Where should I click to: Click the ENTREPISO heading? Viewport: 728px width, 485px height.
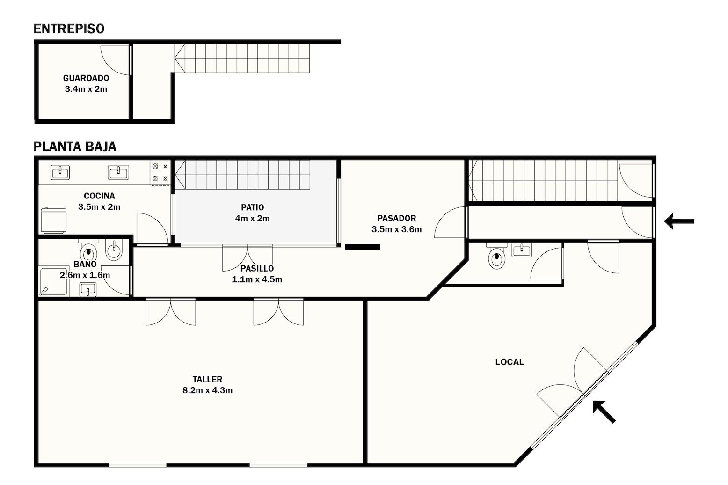(69, 29)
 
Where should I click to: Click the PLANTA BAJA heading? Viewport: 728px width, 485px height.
(75, 147)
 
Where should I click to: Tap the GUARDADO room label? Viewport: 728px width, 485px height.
(86, 78)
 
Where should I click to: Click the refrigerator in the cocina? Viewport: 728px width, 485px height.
(54, 220)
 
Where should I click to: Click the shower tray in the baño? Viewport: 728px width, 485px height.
(54, 281)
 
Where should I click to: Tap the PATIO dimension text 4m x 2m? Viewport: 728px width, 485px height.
(253, 219)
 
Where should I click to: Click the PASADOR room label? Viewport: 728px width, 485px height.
(396, 218)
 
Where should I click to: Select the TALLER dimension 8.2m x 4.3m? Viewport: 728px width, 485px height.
(208, 390)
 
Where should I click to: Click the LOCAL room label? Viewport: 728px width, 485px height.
(510, 362)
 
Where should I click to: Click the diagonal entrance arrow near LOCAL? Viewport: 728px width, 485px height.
(604, 412)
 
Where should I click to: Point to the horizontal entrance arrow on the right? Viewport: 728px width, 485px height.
(679, 221)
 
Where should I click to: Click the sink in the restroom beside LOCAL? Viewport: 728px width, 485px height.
(522, 250)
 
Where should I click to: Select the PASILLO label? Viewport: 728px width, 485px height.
(257, 269)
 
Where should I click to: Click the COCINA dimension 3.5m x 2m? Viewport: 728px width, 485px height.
(100, 207)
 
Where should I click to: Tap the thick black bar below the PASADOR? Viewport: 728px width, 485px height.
(363, 247)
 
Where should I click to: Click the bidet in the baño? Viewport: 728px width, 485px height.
(114, 250)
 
